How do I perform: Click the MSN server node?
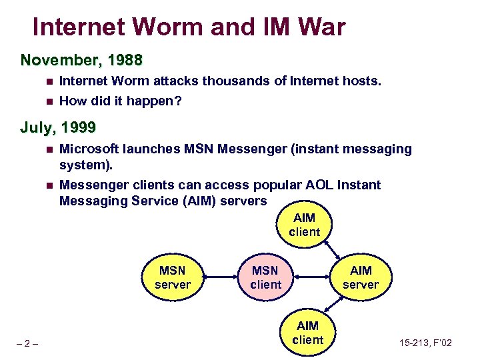172,277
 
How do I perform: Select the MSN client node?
265,277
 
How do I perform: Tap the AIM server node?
361,277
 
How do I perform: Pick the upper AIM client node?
305,225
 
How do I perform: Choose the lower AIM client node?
307,333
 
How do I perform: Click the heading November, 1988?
81,61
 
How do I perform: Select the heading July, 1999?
58,127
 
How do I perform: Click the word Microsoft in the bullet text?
92,149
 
